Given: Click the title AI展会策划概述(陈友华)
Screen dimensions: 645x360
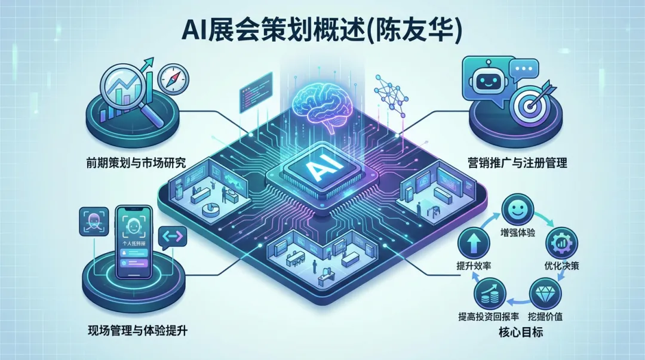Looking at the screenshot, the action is pyautogui.click(x=322, y=31).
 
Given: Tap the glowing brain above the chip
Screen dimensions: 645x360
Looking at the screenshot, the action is pyautogui.click(x=322, y=104).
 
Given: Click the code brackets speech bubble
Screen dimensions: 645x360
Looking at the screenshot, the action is pyautogui.click(x=173, y=239).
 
